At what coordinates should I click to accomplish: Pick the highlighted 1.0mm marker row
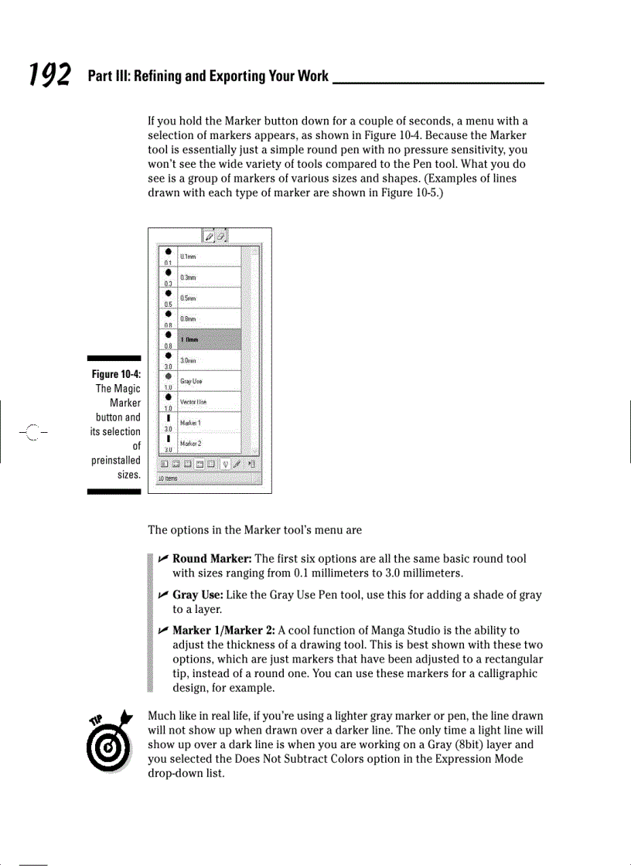coord(189,339)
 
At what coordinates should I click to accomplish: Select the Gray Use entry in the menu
coord(191,381)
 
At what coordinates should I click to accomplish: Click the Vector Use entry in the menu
coord(193,402)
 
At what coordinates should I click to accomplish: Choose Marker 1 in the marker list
coord(190,423)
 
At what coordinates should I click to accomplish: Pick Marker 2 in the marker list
coord(190,444)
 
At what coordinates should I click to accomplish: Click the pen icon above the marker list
coord(210,236)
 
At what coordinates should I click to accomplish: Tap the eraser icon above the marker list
coord(220,236)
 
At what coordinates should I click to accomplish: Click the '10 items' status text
coord(166,479)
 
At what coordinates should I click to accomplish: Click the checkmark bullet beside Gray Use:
coord(163,595)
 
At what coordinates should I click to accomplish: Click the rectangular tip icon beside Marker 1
coord(168,418)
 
